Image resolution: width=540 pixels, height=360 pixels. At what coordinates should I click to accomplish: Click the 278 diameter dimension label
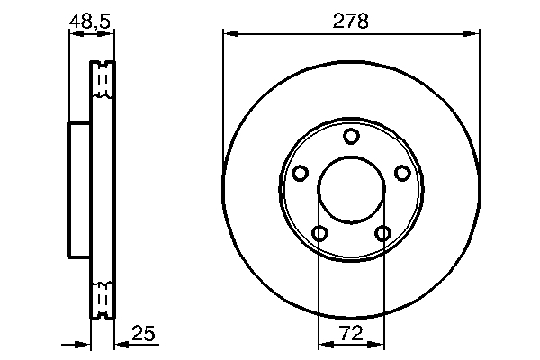point(351,21)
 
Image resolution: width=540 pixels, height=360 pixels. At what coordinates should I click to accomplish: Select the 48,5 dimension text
point(92,19)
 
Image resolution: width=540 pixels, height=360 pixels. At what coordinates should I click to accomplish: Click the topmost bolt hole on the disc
point(352,136)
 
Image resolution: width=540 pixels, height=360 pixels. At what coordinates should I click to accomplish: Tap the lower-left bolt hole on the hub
point(319,234)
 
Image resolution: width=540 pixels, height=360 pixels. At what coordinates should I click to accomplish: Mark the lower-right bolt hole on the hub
point(384,234)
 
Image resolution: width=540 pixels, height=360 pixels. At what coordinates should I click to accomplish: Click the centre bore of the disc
point(352,190)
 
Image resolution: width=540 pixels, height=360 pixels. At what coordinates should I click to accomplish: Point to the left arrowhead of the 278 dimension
point(230,35)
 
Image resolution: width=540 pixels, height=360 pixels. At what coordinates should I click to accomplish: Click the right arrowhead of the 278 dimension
point(472,35)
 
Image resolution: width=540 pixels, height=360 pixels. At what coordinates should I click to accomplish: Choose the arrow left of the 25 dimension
point(85,345)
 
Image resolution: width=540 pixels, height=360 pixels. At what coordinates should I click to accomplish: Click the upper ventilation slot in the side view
point(103,81)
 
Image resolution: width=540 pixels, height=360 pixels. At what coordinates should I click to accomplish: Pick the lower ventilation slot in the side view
point(103,296)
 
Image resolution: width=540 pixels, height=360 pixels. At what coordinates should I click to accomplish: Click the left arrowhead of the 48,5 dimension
point(74,35)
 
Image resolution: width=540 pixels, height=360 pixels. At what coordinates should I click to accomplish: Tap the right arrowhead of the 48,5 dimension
point(110,35)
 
